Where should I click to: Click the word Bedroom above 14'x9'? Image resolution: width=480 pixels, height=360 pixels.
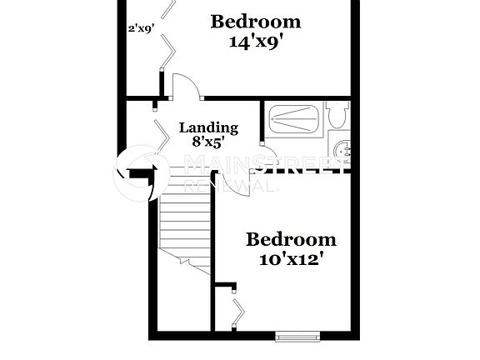[x=256, y=21]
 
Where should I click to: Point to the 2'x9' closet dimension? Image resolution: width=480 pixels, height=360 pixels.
[x=140, y=28]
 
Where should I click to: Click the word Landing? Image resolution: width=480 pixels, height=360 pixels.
[x=209, y=127]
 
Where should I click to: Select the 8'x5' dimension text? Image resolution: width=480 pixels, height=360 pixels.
[x=209, y=142]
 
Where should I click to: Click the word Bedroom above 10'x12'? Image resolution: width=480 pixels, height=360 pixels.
[x=291, y=240]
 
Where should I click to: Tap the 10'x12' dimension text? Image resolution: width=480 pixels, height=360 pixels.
[x=291, y=259]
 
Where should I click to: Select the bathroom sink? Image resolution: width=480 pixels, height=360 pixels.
[x=342, y=150]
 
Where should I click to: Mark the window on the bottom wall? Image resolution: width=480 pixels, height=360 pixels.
[x=297, y=337]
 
